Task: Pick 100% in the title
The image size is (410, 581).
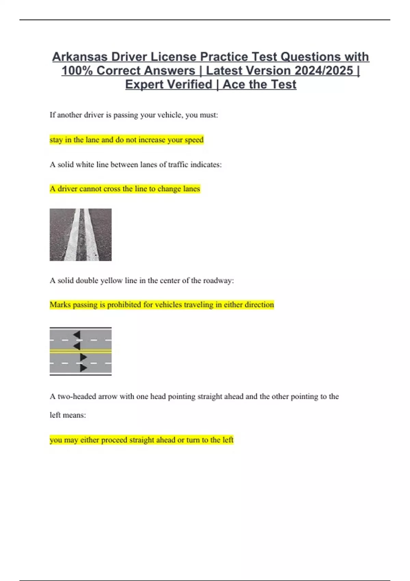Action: pos(77,71)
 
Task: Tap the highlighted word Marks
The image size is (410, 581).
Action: pos(59,305)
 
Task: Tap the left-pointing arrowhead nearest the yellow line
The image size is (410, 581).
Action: pos(77,346)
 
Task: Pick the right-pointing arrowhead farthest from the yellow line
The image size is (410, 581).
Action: pos(83,368)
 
